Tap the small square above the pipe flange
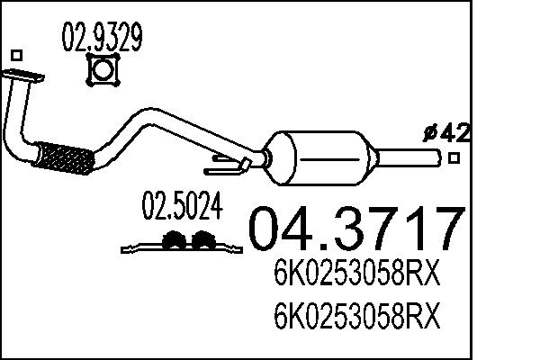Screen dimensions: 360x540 [x=15, y=56]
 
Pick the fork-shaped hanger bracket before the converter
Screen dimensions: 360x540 [x=227, y=165]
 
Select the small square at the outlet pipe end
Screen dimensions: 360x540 [x=454, y=159]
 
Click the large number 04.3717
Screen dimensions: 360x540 [x=355, y=229]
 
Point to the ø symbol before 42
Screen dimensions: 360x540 [x=430, y=133]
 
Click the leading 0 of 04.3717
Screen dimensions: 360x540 [x=265, y=229]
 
